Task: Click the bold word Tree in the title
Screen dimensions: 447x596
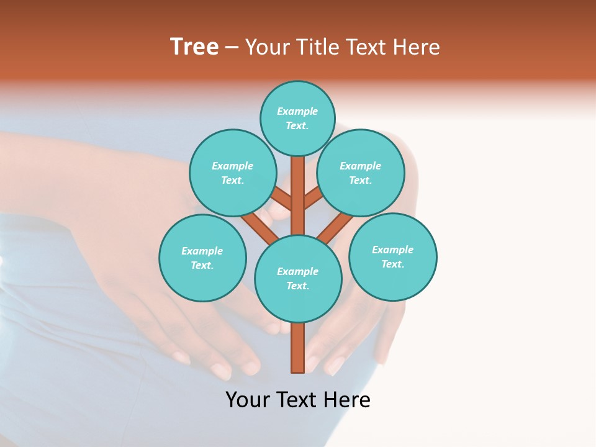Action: (194, 47)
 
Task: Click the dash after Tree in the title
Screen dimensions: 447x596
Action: (232, 47)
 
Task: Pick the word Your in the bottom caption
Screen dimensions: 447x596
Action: (247, 400)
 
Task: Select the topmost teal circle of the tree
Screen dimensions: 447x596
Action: (297, 118)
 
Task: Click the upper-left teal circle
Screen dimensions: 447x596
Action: (232, 173)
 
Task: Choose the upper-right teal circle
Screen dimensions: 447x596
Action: (361, 173)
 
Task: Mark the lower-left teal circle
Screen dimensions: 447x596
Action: (202, 258)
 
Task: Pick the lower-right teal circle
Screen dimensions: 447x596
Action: (393, 256)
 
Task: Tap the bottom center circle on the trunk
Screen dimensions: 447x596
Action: (298, 279)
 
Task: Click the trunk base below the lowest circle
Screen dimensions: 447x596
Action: (298, 349)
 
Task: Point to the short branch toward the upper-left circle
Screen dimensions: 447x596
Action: (282, 199)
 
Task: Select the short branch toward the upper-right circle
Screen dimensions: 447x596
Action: (313, 198)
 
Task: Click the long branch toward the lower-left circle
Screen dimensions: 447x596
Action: (260, 228)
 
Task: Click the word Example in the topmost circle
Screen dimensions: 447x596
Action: (297, 111)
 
